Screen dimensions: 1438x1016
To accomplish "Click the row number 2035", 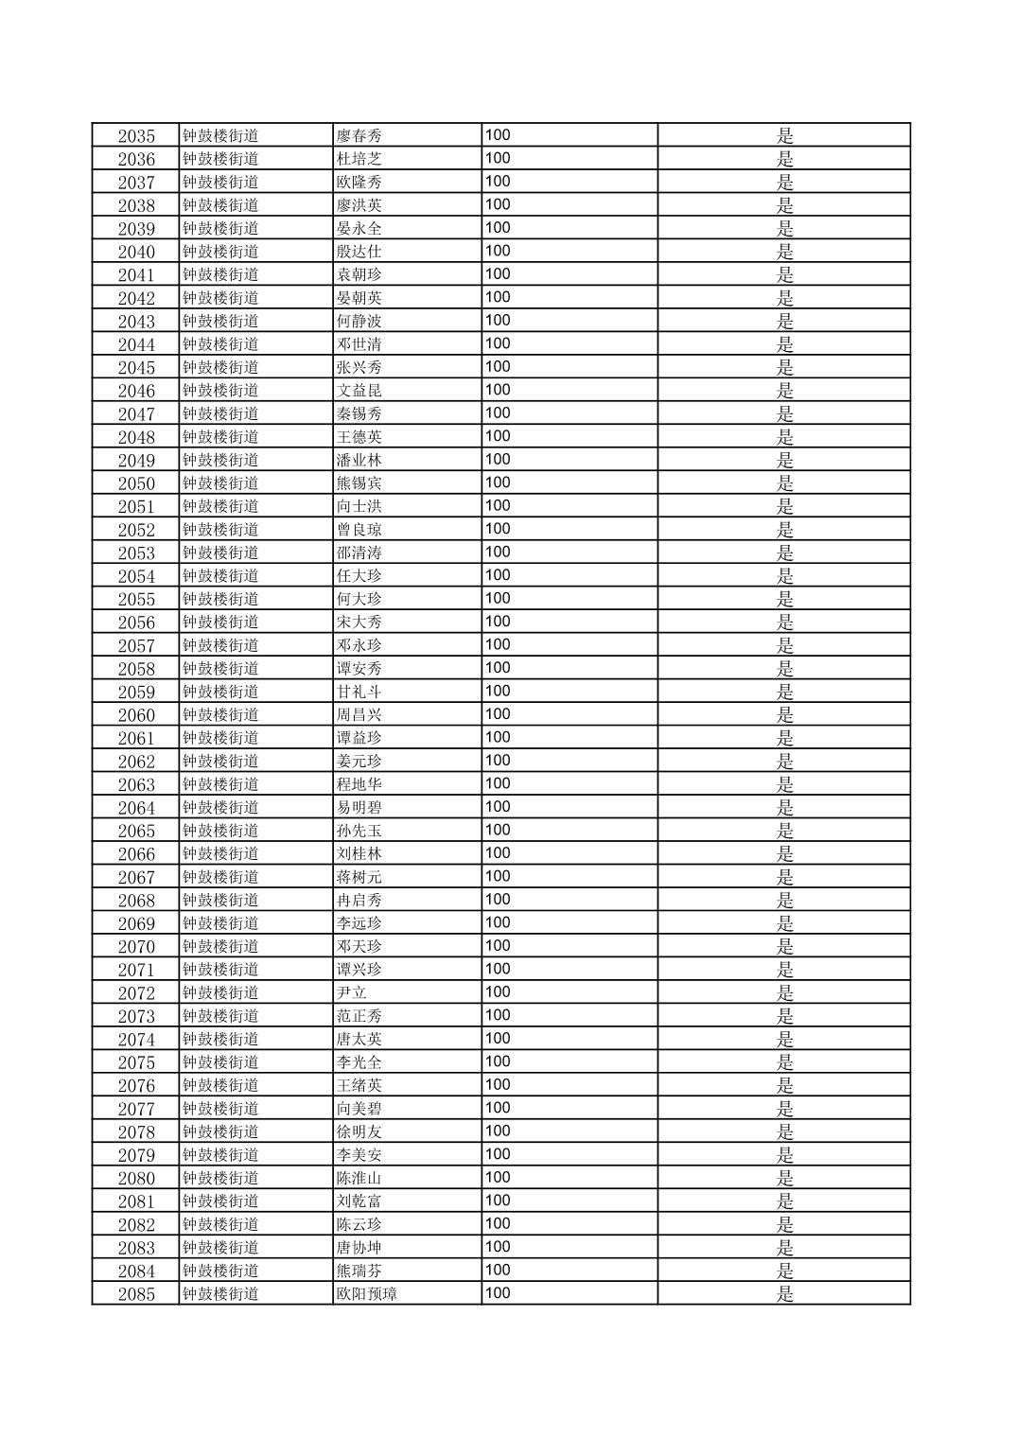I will [x=136, y=135].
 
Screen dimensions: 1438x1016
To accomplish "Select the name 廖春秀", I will [x=359, y=135].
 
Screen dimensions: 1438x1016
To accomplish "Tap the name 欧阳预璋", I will [x=366, y=1294].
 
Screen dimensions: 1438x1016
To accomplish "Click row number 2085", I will [x=136, y=1294].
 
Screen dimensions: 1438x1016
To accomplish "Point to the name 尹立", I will [x=351, y=992].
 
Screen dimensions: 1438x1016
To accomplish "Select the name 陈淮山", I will [x=359, y=1178].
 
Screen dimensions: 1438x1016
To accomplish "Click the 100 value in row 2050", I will [x=498, y=482].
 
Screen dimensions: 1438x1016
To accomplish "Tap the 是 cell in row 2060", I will [x=784, y=714].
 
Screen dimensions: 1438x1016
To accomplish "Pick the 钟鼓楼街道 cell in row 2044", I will [x=220, y=344].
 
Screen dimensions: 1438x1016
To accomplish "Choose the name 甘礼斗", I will [x=359, y=692].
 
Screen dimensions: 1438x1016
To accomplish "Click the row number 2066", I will [x=136, y=854].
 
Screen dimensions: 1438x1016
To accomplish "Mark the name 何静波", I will [x=359, y=321].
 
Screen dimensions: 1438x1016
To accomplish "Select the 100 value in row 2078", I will [x=498, y=1131].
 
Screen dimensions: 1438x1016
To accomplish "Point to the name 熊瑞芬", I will [x=359, y=1271].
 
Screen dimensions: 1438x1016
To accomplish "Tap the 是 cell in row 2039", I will [x=784, y=228].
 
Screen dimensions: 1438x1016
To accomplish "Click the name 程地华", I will [x=359, y=784].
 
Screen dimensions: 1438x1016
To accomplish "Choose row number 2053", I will [x=136, y=552].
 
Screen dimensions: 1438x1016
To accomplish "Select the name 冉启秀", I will [x=359, y=900].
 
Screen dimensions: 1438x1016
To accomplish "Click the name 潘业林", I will [x=359, y=460].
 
